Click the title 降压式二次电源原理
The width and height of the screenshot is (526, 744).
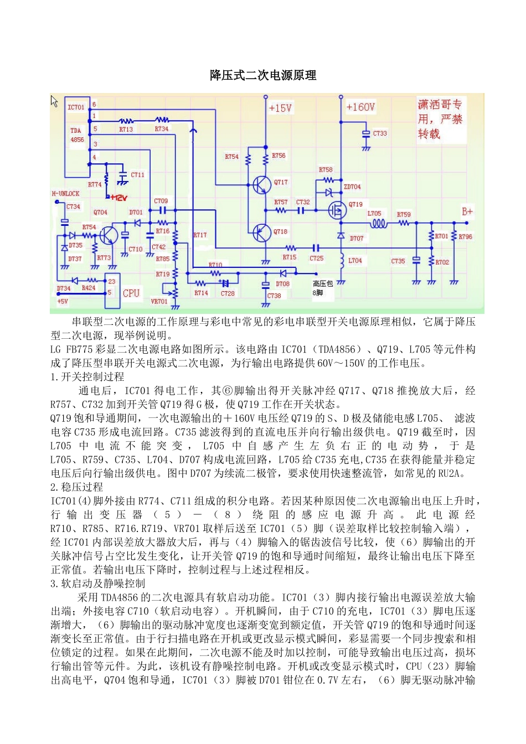click(x=263, y=75)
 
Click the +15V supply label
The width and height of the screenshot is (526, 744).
click(x=280, y=108)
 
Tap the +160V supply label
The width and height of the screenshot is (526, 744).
click(x=360, y=107)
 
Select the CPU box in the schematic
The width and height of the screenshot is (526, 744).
click(x=131, y=293)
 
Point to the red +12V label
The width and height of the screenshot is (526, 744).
click(x=118, y=198)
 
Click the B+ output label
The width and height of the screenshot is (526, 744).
click(x=467, y=211)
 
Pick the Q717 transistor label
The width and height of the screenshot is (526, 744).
click(x=281, y=182)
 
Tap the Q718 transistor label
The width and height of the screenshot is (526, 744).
click(x=280, y=231)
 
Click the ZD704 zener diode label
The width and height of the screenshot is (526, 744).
click(x=352, y=187)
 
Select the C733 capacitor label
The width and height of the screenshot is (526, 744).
click(x=380, y=133)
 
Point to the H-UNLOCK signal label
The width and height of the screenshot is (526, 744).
click(x=65, y=194)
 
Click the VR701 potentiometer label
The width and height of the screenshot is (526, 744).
click(x=159, y=302)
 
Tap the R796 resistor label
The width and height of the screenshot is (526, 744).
click(x=465, y=236)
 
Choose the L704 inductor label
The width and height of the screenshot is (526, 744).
click(x=355, y=260)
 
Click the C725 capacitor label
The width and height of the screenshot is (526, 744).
click(x=317, y=258)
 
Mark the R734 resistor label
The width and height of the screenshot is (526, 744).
click(x=162, y=129)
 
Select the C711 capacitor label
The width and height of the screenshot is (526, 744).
click(x=137, y=175)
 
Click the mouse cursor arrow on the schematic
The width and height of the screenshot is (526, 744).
click(x=54, y=101)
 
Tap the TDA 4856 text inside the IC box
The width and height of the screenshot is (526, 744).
click(x=77, y=135)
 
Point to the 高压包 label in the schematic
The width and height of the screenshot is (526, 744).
click(x=323, y=283)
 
